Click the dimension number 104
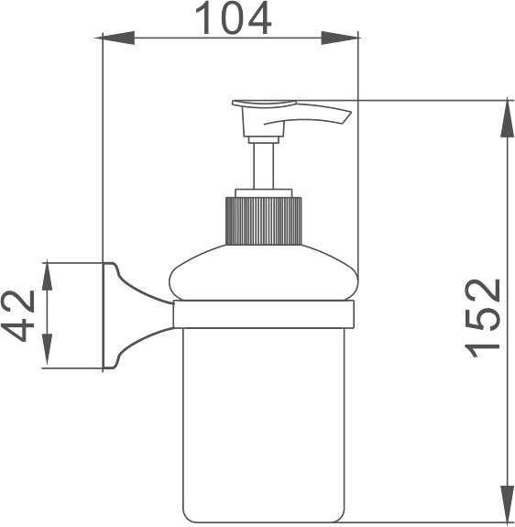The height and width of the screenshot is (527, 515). click(233, 17)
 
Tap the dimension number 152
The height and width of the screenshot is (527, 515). click(482, 318)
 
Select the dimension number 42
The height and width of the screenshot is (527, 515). click(18, 316)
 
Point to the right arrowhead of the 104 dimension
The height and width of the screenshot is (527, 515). click(340, 38)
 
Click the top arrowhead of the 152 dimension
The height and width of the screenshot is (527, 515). click(508, 118)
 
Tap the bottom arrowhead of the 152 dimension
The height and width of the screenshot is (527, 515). click(508, 504)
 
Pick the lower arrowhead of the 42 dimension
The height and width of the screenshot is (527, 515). click(47, 350)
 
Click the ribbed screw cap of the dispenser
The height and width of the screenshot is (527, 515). click(263, 221)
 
